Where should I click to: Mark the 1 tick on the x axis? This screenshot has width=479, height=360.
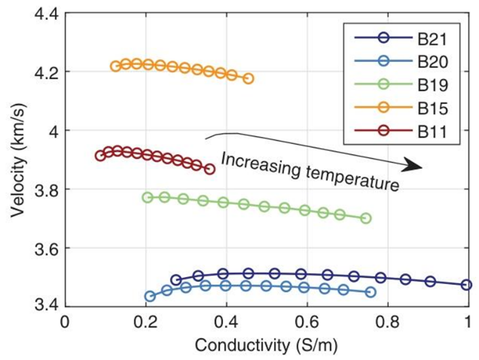468,323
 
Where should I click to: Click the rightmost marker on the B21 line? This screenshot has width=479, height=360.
467,285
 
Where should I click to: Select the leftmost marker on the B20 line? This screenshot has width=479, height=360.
150,296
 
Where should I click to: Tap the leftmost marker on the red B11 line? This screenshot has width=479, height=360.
100,156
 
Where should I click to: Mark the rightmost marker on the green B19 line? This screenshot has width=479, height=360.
366,218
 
